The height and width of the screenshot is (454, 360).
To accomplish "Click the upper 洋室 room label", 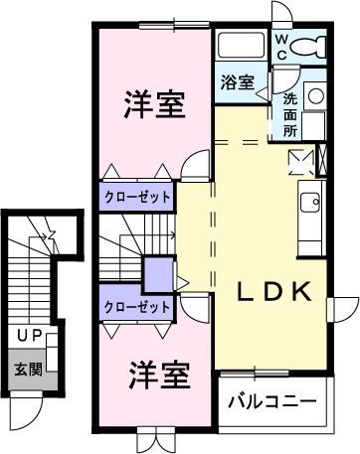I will pyautogui.click(x=154, y=105).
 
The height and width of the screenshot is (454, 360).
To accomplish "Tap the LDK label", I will pyautogui.click(x=274, y=292).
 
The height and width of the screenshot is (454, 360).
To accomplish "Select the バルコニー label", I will pyautogui.click(x=271, y=403).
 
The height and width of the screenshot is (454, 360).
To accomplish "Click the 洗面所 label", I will pyautogui.click(x=289, y=113).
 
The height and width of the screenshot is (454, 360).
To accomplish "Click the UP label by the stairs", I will pyautogui.click(x=27, y=336).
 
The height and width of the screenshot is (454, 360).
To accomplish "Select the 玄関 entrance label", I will pyautogui.click(x=27, y=370).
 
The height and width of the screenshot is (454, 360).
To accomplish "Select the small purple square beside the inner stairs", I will pyautogui.click(x=157, y=273).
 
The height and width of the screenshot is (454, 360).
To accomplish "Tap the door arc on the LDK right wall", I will pyautogui.click(x=343, y=309).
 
